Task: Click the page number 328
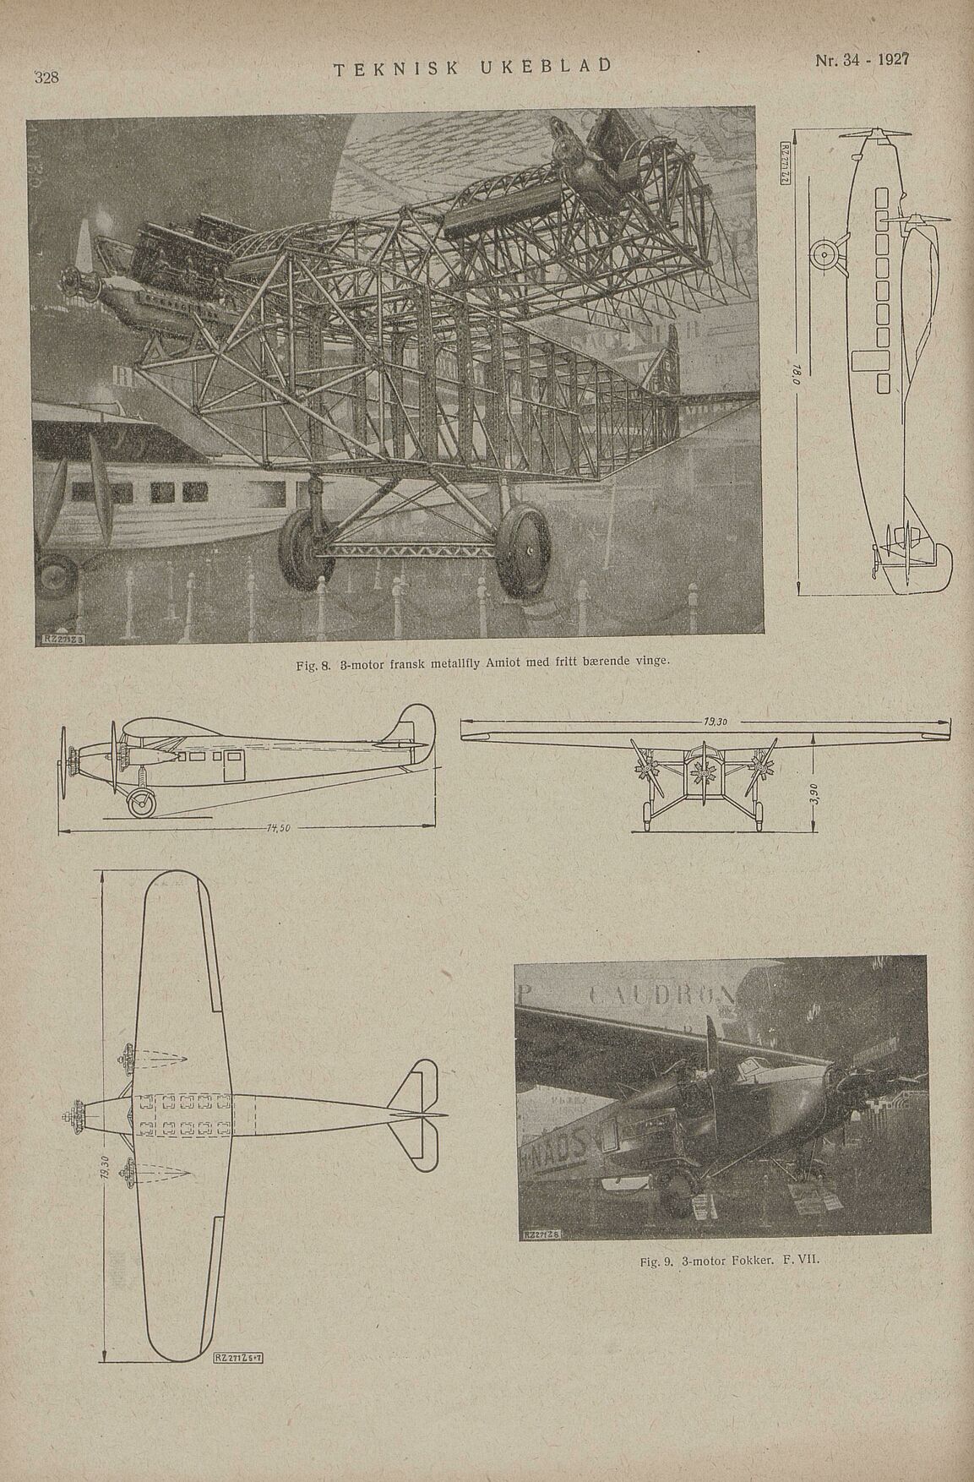coord(46,78)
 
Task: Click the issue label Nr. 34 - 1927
coord(861,61)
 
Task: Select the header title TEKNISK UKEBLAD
coord(473,68)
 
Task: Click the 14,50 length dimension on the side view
coord(278,828)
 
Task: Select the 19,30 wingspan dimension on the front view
coord(714,722)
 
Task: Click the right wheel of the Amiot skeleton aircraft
coord(524,550)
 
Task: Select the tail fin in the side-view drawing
coord(414,731)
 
